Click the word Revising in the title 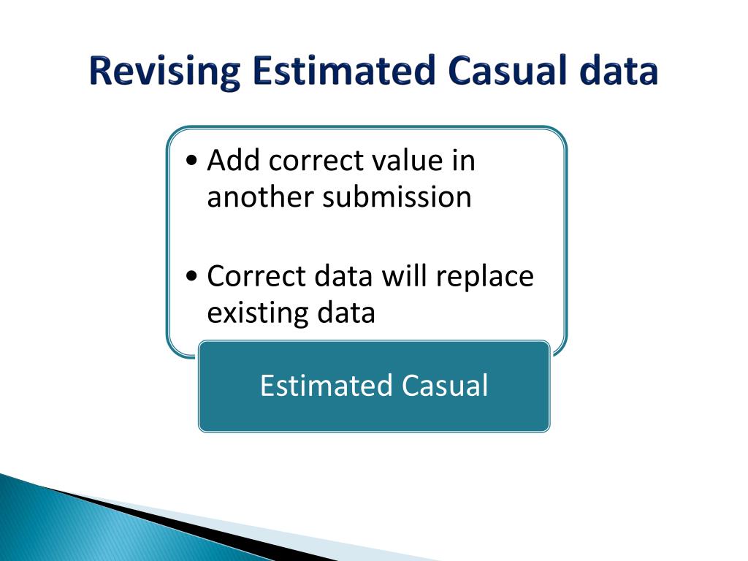(x=164, y=72)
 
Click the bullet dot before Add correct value (x=192, y=161)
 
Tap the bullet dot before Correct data (x=192, y=276)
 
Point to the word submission (x=397, y=196)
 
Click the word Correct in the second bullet (x=256, y=275)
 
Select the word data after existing (x=346, y=313)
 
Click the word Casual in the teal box (x=445, y=385)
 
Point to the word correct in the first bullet (x=316, y=161)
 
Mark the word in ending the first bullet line (x=463, y=160)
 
